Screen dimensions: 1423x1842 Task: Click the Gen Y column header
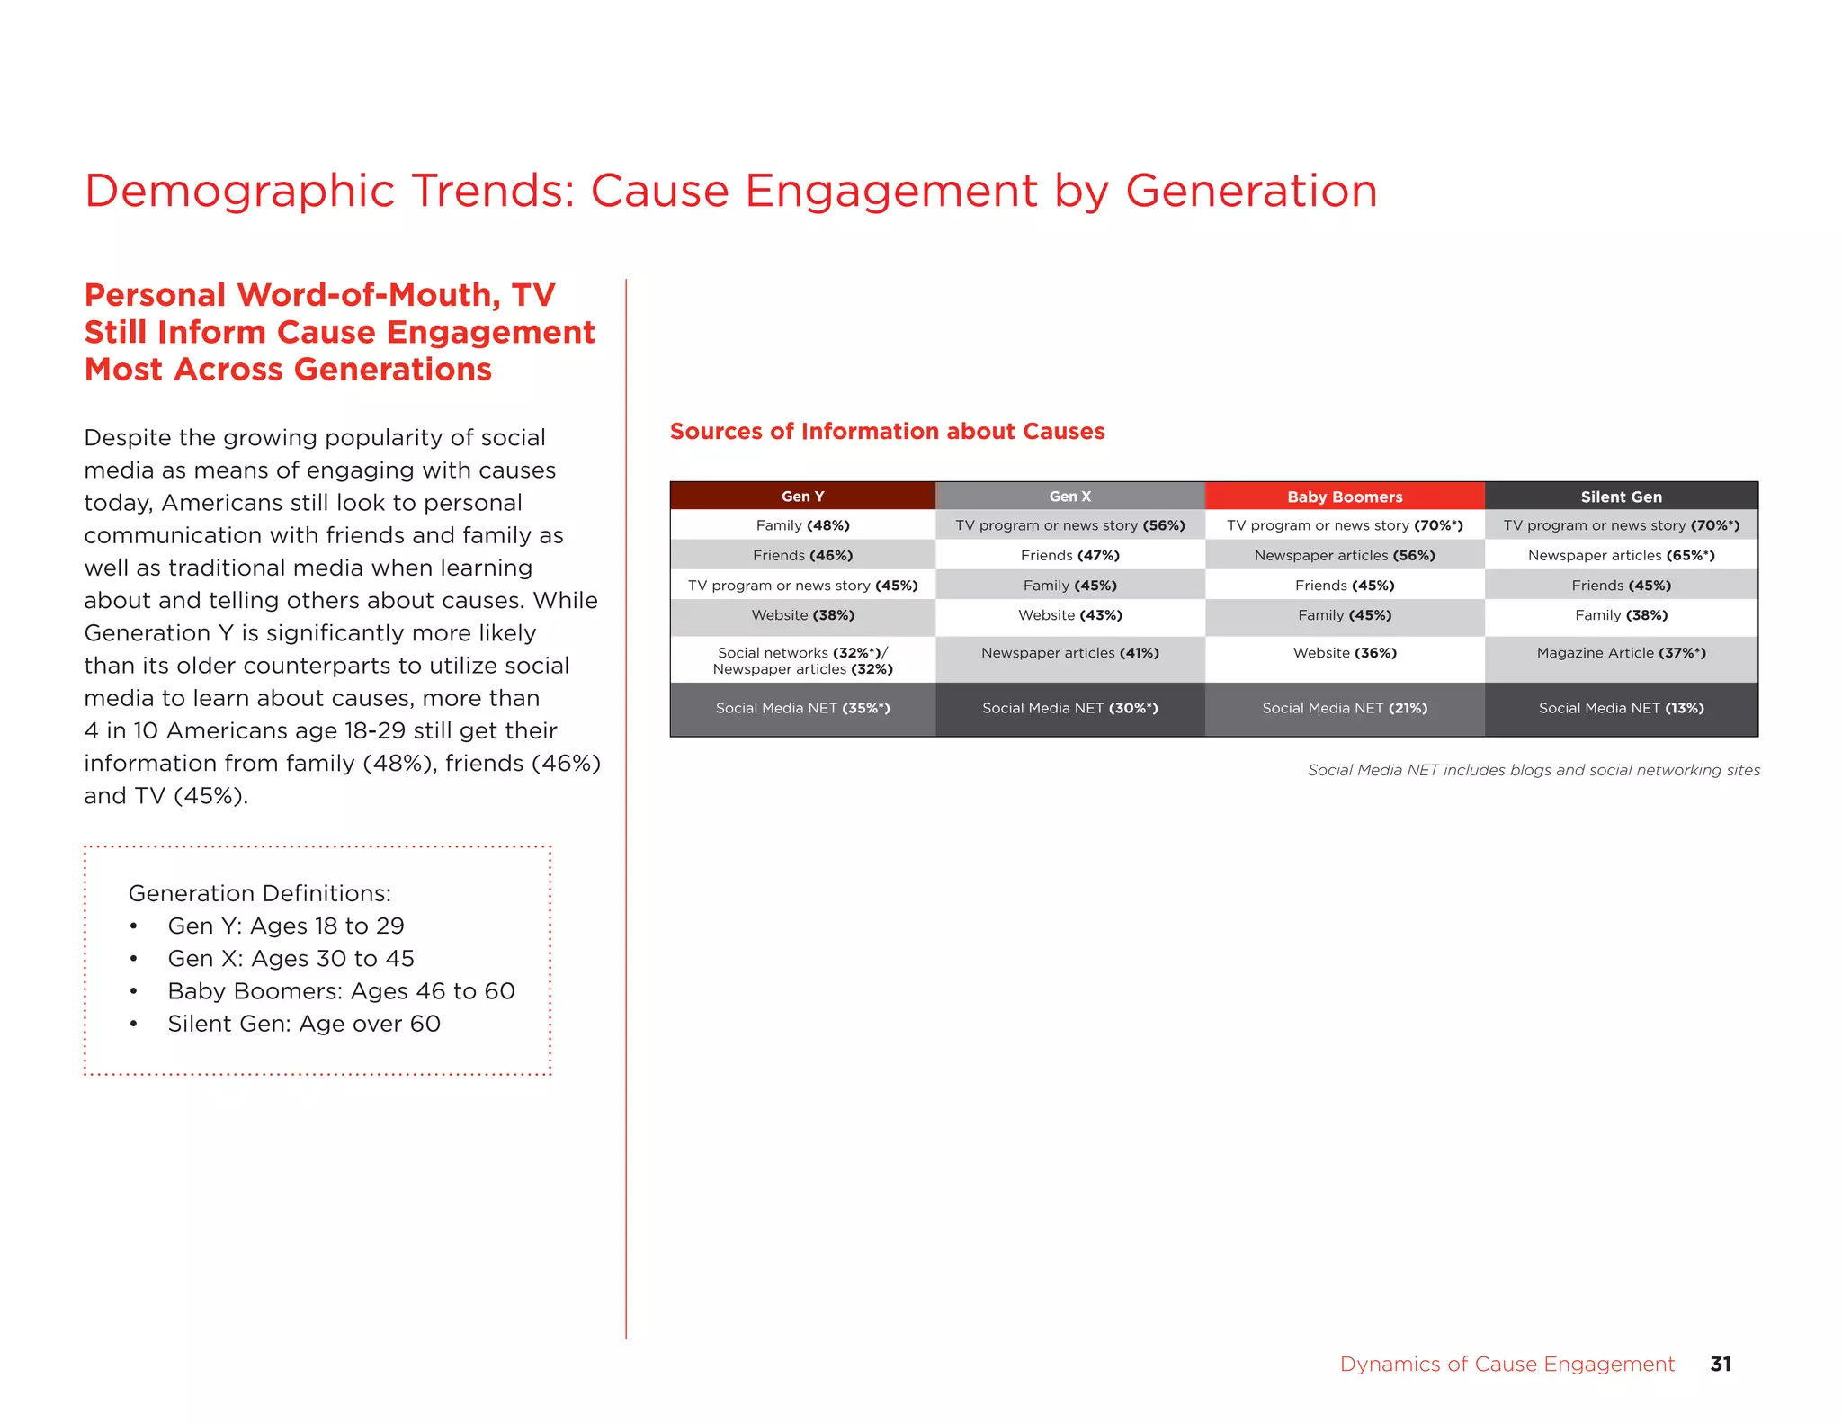point(802,497)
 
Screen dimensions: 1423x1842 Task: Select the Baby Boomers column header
point(1344,497)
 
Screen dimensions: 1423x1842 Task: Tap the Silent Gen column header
point(1621,497)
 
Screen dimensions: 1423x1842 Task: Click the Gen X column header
point(1069,497)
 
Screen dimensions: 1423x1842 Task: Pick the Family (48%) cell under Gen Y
point(802,525)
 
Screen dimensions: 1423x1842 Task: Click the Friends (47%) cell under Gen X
point(1069,555)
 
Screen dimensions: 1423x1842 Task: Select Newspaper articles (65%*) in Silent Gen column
point(1621,555)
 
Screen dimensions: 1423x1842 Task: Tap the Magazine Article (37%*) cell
point(1621,653)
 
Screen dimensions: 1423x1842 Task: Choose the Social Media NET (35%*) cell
point(802,708)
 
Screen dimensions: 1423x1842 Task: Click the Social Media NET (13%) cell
point(1621,708)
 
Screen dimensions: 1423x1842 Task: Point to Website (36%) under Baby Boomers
point(1344,653)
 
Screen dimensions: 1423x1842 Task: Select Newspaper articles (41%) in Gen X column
point(1069,653)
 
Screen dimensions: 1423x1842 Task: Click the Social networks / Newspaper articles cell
point(802,660)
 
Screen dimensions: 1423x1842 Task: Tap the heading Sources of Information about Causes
point(887,432)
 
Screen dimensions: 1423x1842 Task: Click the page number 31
point(1720,1364)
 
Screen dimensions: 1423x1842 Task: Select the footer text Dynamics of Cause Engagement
point(1507,1364)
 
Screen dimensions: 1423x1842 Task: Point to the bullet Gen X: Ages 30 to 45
point(291,959)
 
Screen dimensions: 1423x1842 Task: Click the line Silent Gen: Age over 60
point(303,1024)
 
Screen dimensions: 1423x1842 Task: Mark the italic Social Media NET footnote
point(1533,770)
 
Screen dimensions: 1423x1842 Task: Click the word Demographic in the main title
point(239,192)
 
